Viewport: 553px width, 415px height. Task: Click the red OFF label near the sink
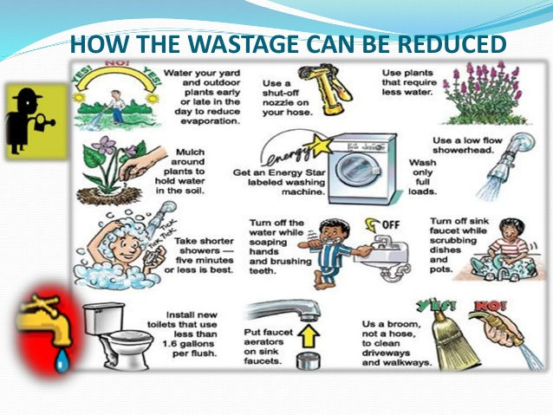(391, 224)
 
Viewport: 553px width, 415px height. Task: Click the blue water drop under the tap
(60, 360)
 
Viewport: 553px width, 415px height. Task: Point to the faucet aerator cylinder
(304, 360)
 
